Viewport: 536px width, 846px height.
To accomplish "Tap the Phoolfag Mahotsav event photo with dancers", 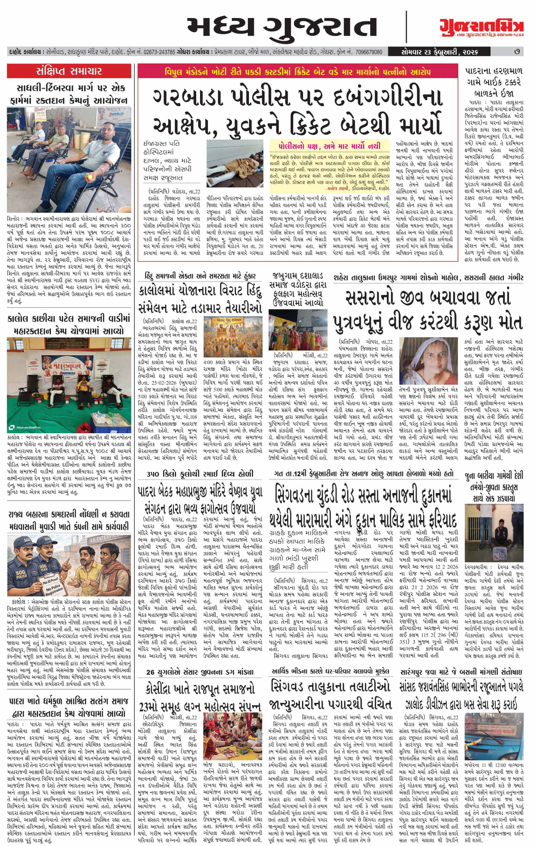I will pos(298,330).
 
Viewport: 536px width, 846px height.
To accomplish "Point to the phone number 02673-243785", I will pos(159,52).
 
